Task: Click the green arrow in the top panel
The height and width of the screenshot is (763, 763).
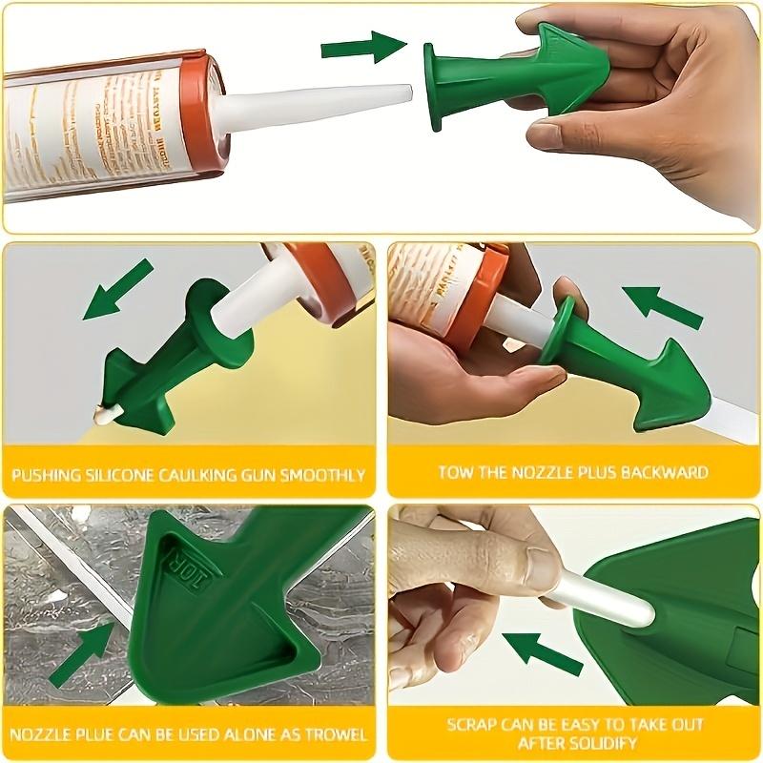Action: point(363,46)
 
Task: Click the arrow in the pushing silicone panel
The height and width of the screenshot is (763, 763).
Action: point(117,289)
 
